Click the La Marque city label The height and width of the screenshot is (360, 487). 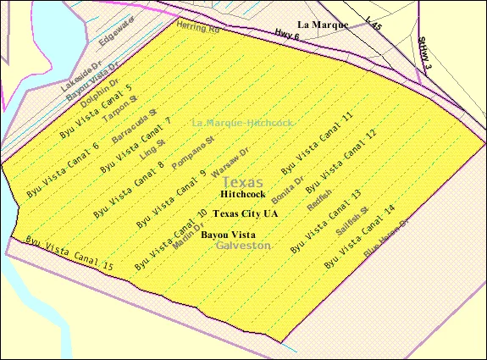click(323, 25)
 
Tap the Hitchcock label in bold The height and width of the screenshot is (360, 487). click(242, 194)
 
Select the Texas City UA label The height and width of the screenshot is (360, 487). click(246, 213)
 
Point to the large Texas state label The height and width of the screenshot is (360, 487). click(242, 182)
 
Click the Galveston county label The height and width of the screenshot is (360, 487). click(243, 245)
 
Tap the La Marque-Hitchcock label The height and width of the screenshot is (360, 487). click(242, 123)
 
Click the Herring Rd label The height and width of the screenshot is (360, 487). click(197, 29)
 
